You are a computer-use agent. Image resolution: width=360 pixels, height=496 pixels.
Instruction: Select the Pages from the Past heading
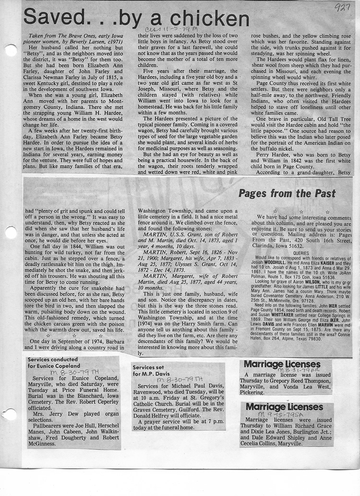[287, 194]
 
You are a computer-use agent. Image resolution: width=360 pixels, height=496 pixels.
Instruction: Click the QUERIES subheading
[301, 252]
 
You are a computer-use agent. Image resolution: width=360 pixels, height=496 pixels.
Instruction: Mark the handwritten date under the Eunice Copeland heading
[69, 372]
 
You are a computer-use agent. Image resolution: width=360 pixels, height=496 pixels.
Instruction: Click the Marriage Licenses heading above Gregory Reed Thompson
[282, 364]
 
